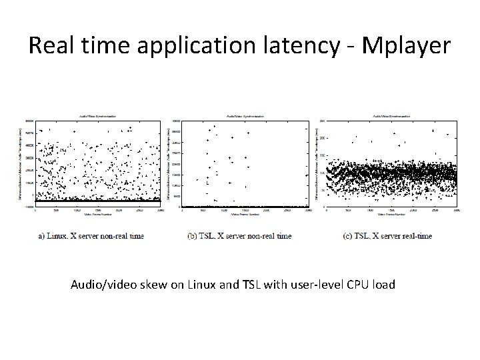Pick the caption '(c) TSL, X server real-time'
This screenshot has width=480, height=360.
click(x=387, y=235)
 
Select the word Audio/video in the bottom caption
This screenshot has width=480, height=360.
click(x=101, y=285)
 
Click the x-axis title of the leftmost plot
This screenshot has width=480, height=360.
click(x=97, y=214)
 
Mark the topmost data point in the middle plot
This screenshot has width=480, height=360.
click(x=214, y=126)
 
